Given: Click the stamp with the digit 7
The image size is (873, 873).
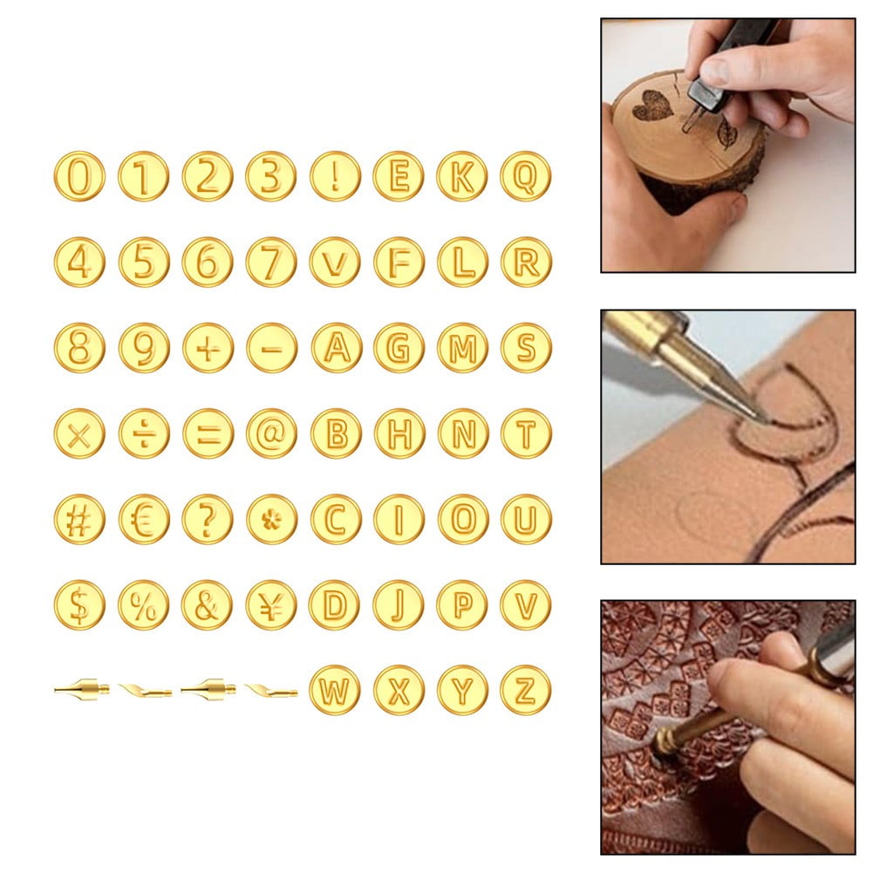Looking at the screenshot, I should (271, 262).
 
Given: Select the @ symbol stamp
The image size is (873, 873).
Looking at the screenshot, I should (271, 433).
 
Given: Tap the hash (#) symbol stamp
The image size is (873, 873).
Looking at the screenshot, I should (78, 519).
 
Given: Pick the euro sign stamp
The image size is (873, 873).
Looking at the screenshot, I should (143, 519).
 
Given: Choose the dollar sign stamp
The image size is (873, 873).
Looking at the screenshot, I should (78, 604).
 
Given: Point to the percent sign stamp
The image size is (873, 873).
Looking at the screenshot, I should (143, 604).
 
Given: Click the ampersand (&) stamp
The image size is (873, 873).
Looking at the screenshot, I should (208, 604).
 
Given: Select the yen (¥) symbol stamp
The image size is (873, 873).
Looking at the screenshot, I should (271, 604).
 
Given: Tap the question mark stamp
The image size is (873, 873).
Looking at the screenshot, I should (208, 519).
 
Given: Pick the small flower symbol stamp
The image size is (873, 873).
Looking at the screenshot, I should (271, 519).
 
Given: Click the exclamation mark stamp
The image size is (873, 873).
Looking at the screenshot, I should (335, 176).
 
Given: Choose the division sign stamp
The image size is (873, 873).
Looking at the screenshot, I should (143, 433).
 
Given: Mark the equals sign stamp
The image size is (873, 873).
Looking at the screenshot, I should (208, 433).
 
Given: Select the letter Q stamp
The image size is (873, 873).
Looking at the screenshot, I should (525, 176).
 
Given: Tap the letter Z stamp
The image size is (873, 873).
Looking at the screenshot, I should (525, 690).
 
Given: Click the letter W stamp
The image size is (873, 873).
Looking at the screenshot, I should (335, 690).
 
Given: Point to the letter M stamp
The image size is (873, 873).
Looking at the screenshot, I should (462, 348).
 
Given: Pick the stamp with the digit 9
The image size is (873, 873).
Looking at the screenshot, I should (143, 348).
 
